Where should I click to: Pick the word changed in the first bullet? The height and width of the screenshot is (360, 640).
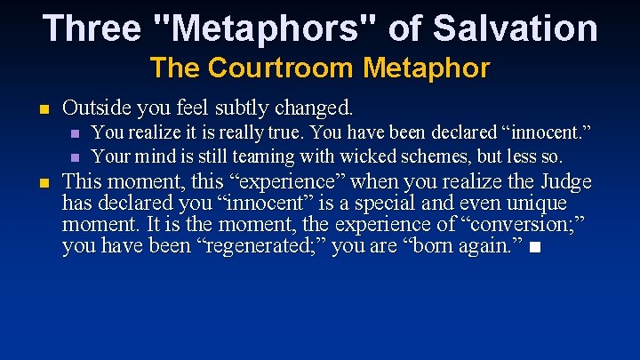(x=315, y=108)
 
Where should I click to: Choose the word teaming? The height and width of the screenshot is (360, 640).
(x=253, y=156)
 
